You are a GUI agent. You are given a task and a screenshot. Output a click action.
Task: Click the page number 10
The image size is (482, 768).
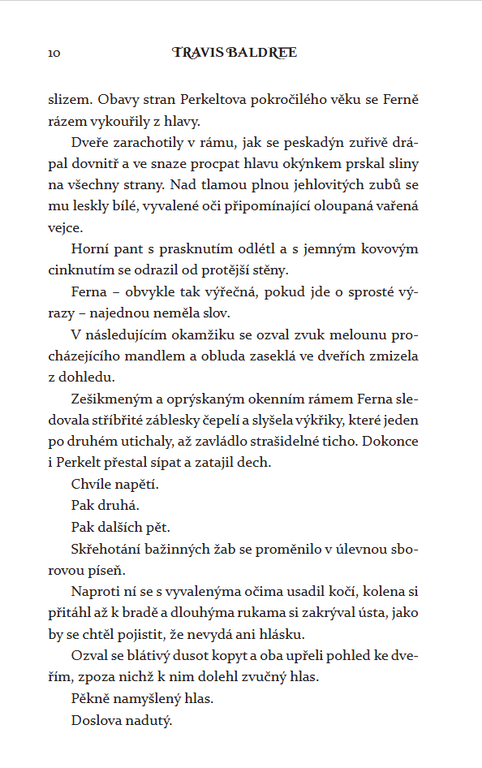click(x=54, y=54)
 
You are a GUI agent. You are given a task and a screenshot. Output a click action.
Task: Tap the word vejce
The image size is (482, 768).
click(x=64, y=228)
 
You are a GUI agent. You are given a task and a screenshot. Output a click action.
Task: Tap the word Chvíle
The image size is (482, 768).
click(x=93, y=484)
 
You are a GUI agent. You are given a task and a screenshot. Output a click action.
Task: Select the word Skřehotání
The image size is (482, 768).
click(x=106, y=548)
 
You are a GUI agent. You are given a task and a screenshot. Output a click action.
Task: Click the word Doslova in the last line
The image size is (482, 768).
click(x=95, y=718)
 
